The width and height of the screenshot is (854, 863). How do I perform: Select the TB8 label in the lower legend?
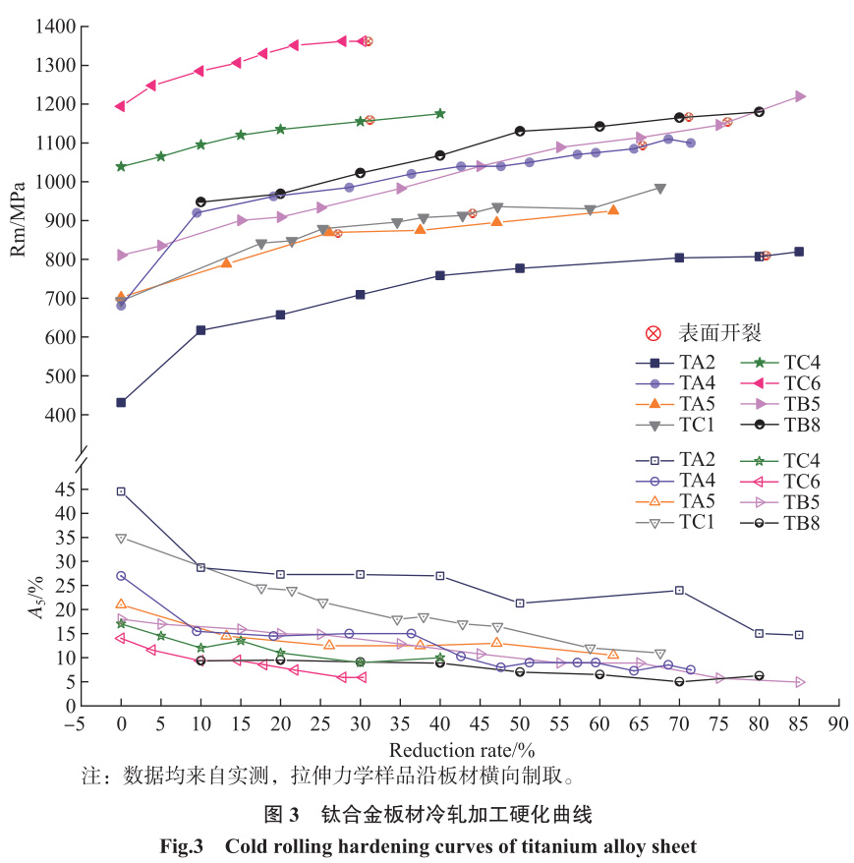(804, 523)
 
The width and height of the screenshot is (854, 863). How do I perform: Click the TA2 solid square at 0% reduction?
(121, 402)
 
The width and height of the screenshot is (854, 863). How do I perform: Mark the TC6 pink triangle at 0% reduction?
(120, 106)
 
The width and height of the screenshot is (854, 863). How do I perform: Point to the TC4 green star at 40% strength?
(439, 114)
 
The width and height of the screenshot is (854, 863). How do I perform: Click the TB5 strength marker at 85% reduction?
(800, 96)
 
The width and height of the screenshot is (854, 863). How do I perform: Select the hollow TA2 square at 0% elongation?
(121, 491)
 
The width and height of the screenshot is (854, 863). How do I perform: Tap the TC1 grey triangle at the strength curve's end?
(660, 189)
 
